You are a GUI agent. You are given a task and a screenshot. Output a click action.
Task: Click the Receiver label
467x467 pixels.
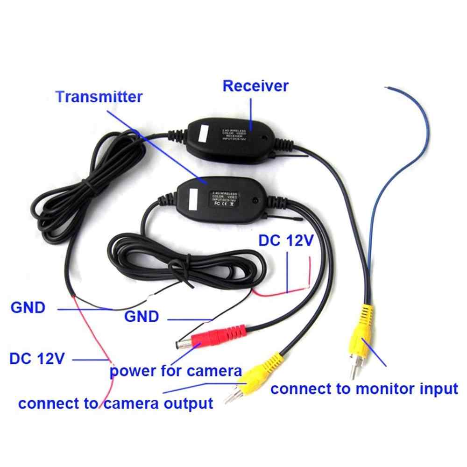255,86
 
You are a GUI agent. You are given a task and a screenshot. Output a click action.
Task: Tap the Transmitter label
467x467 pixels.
99,97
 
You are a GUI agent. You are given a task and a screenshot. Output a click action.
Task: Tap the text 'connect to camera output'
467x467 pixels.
115,403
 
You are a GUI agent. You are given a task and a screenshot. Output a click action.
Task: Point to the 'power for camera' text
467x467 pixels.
176,372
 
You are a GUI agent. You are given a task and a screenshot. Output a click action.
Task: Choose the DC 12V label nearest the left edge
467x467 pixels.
36,359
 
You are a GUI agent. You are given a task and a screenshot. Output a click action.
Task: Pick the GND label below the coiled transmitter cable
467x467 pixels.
142,317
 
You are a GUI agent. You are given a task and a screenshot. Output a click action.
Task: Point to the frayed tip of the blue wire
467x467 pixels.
387,87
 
